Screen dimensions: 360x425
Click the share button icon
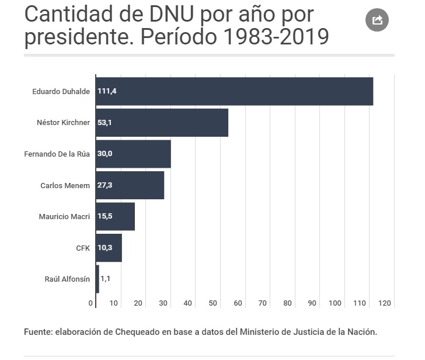click(x=377, y=20)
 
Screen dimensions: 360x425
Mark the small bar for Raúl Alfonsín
click(x=97, y=279)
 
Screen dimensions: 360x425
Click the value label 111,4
click(x=107, y=92)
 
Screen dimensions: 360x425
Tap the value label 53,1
click(x=105, y=123)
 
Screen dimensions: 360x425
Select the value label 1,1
click(x=105, y=279)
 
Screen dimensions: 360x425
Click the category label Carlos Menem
click(x=65, y=186)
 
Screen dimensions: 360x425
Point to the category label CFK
click(x=83, y=248)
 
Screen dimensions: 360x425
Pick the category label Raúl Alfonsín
click(x=67, y=279)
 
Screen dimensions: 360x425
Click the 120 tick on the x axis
click(x=384, y=303)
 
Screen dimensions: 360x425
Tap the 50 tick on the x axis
click(x=212, y=303)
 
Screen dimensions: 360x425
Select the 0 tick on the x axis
click(x=91, y=303)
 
